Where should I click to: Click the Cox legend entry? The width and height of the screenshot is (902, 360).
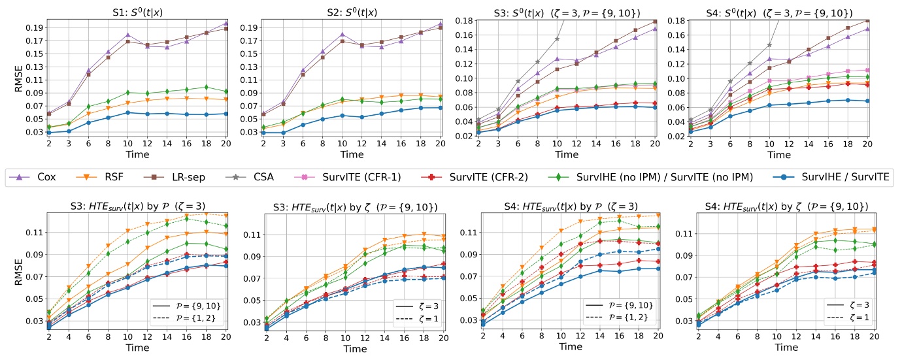click(x=38, y=177)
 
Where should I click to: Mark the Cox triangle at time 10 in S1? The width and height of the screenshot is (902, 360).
click(x=129, y=35)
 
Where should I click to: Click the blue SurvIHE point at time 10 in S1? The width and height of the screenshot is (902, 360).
click(x=129, y=112)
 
